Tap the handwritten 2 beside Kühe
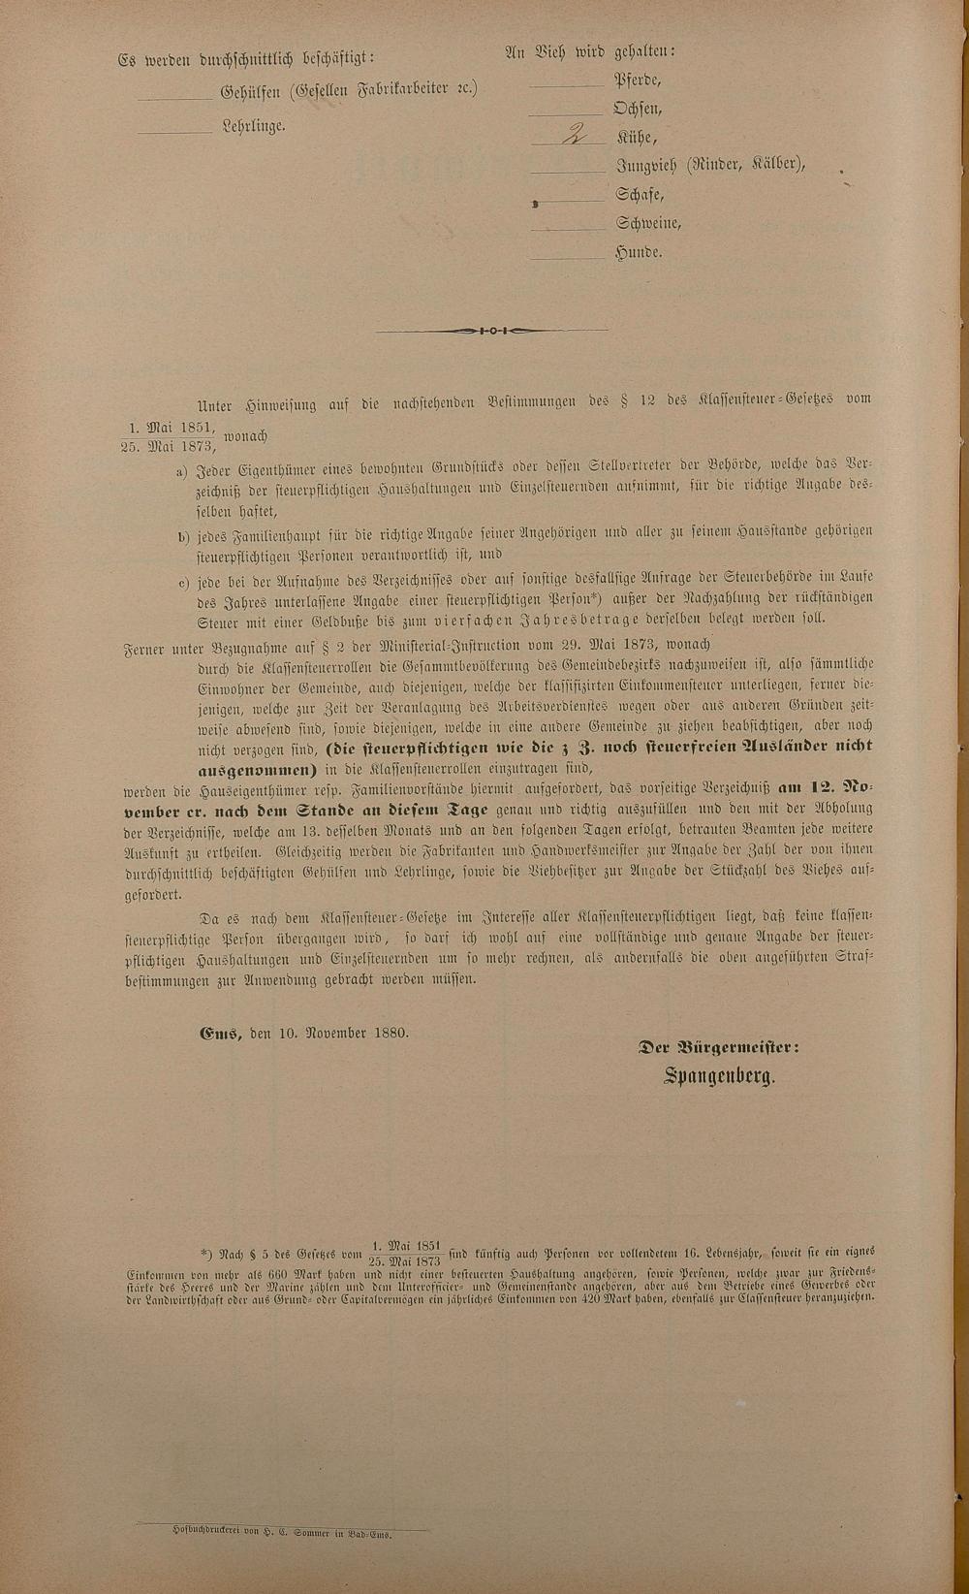575,136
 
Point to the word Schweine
647,223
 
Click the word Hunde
638,252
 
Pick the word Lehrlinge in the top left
254,126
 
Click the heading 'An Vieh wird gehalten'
590,51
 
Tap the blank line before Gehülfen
174,98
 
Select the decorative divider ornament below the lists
493,331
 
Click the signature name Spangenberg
719,1076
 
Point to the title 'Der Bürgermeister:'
718,1047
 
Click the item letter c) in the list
182,581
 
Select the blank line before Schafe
569,201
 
